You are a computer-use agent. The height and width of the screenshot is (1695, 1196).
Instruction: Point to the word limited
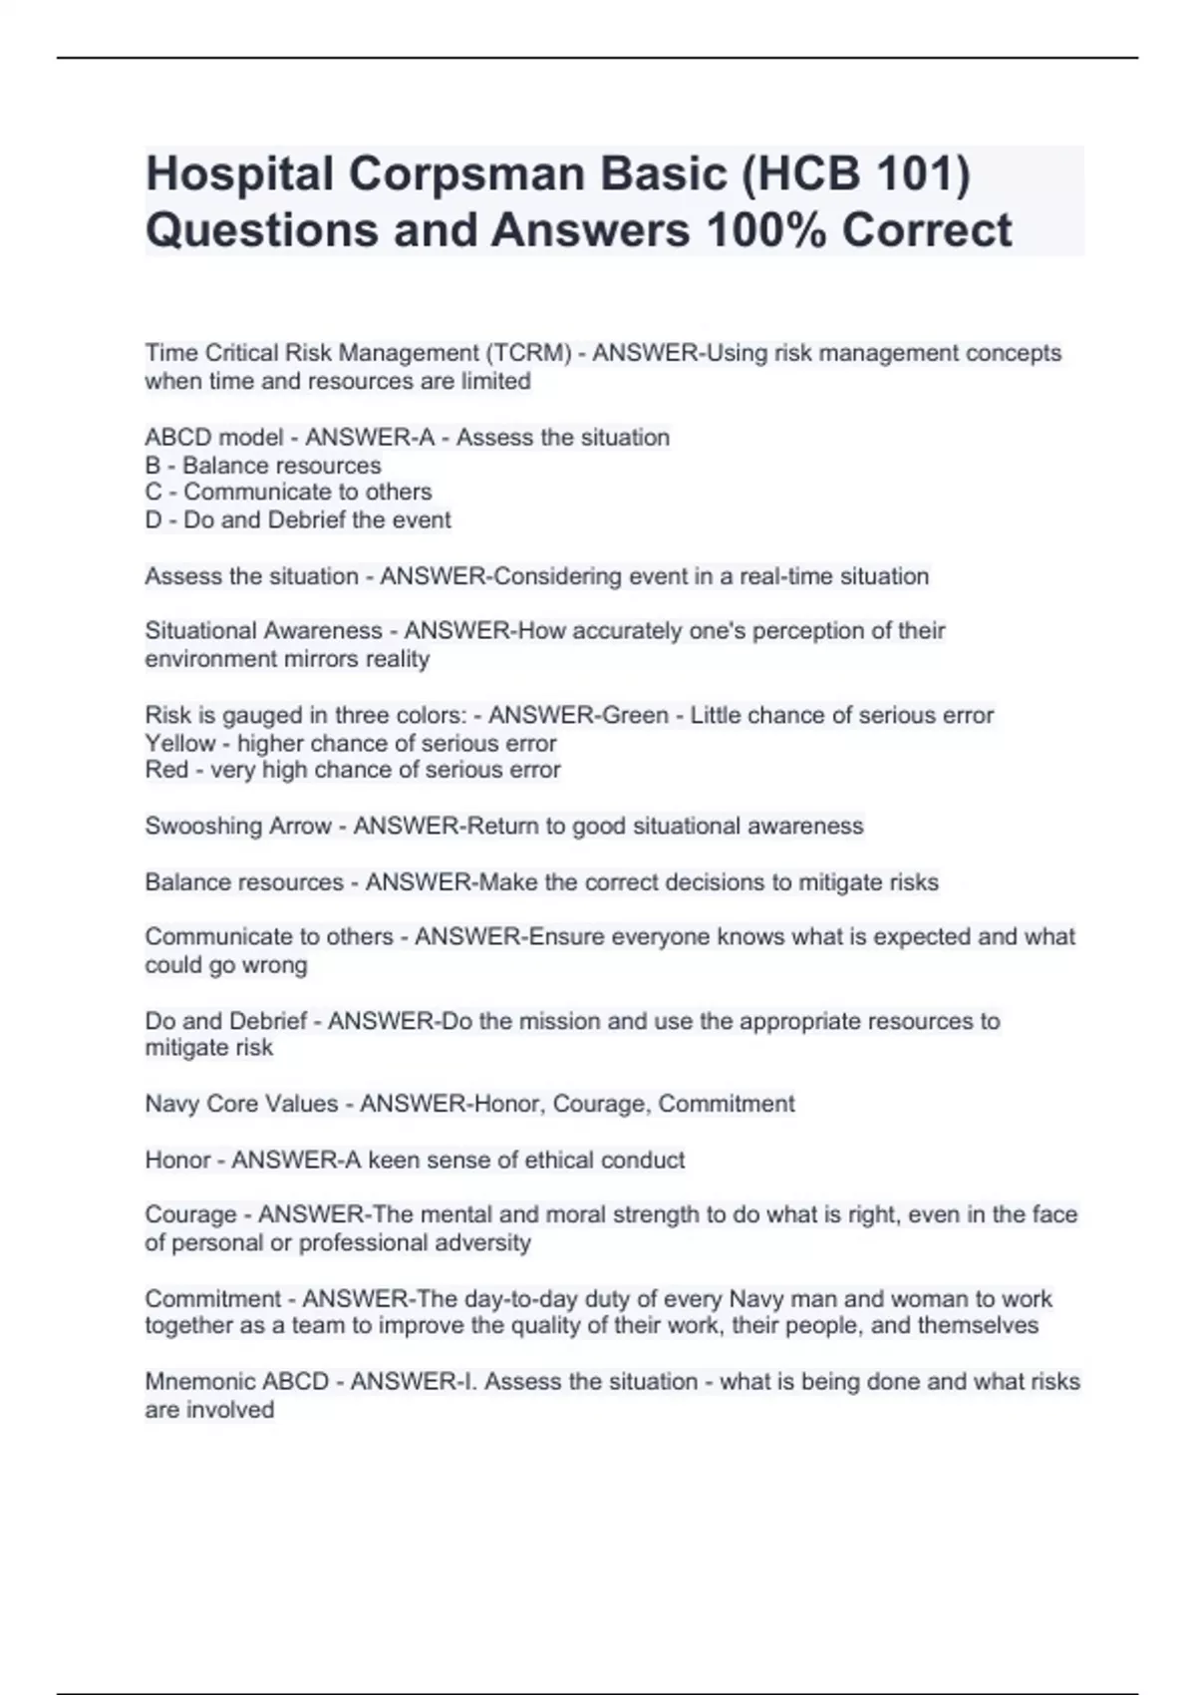(x=494, y=382)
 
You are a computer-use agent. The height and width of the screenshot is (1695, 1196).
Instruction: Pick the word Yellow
(x=180, y=744)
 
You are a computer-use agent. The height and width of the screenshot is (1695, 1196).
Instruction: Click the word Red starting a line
(x=166, y=771)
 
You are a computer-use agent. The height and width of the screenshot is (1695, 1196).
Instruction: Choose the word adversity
(x=483, y=1243)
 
